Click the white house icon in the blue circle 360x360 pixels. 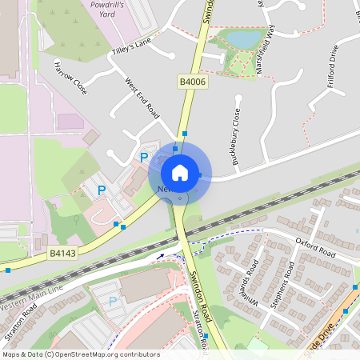[180, 172]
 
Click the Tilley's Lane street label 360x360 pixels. [131, 51]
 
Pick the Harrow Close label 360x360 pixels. [70, 74]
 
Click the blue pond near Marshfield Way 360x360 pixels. [242, 38]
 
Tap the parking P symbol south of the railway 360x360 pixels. [112, 301]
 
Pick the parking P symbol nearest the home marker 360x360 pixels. [144, 158]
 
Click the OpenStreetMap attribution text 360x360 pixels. [80, 354]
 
